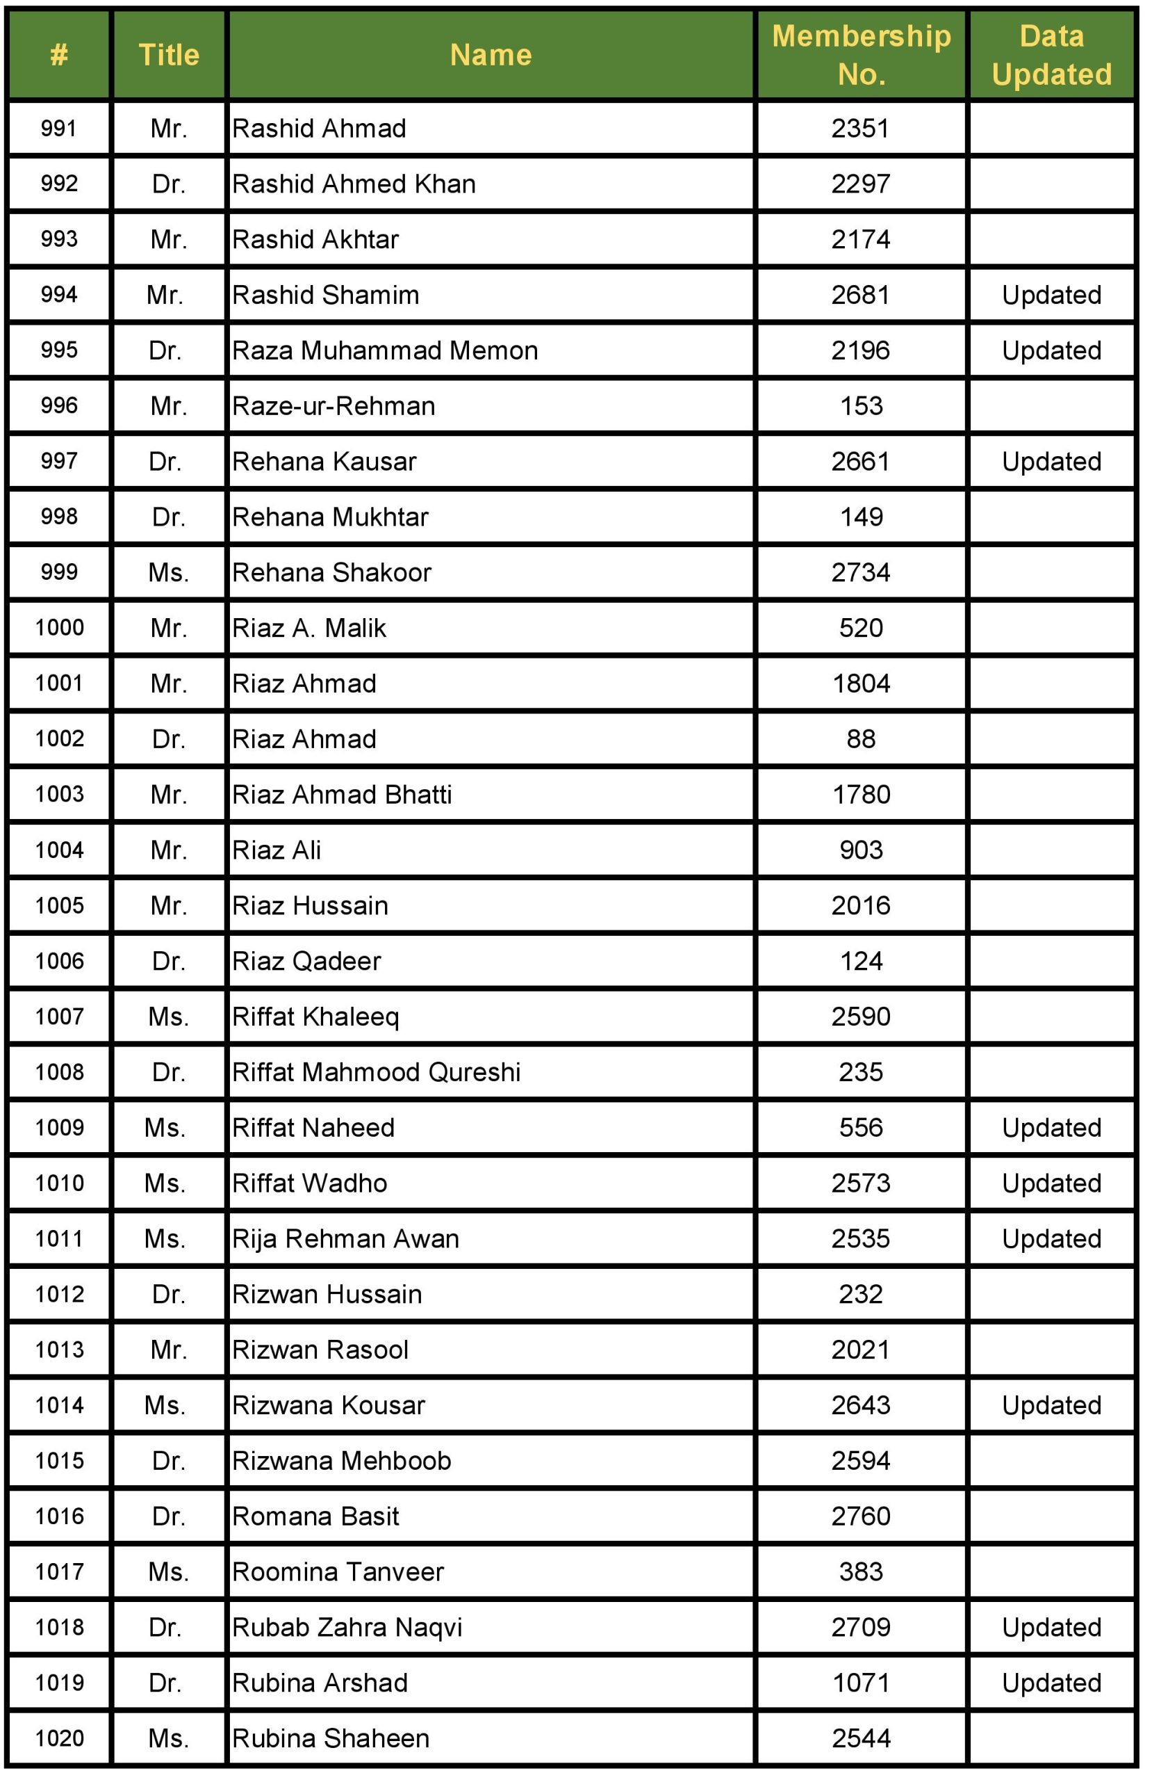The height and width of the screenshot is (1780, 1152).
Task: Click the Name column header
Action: point(491,55)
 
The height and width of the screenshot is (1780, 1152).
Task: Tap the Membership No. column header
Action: point(860,55)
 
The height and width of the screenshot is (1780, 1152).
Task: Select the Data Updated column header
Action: point(1051,55)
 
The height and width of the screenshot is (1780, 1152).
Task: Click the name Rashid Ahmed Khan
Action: point(354,184)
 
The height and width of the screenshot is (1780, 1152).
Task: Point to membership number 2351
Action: point(860,129)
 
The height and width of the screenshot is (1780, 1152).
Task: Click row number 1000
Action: point(59,627)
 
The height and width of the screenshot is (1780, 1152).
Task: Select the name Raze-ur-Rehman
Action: point(334,406)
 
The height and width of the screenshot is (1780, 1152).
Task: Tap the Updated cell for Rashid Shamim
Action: point(1051,296)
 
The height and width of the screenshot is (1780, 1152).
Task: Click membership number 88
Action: point(860,739)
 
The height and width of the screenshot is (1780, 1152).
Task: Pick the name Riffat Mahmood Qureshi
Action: point(376,1071)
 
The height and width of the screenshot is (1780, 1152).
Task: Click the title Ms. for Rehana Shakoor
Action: point(168,572)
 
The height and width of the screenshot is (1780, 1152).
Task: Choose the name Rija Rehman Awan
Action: point(345,1238)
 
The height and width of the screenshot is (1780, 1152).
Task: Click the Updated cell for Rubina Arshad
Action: point(1051,1682)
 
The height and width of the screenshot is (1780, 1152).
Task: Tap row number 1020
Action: point(59,1738)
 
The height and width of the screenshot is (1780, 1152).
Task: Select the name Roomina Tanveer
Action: point(338,1571)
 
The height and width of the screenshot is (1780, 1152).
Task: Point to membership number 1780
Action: point(860,794)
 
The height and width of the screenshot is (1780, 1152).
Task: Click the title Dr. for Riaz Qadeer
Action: point(168,961)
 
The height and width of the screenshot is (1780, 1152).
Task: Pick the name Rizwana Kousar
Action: point(328,1405)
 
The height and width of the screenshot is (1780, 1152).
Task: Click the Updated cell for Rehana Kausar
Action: point(1051,462)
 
